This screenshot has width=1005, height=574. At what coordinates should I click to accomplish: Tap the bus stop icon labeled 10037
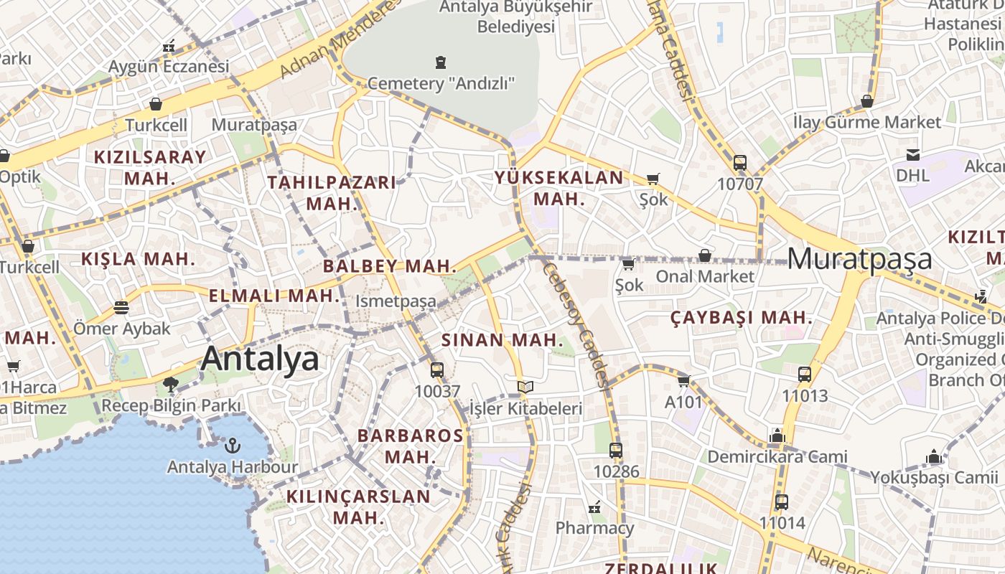436,371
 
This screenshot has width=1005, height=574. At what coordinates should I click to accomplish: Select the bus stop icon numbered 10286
615,451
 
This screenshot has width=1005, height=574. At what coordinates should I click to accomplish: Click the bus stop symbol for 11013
805,374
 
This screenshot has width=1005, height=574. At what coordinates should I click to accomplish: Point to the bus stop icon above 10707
740,163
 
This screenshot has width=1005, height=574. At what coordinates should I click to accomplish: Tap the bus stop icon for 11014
781,502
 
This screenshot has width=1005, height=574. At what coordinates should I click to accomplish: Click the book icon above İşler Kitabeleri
525,387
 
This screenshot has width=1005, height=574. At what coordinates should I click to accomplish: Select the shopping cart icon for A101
683,381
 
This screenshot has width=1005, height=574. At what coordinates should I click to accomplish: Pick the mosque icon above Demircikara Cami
777,436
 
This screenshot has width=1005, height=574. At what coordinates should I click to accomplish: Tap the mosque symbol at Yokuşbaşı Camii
934,456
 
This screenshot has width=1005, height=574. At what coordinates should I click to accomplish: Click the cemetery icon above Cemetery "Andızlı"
440,62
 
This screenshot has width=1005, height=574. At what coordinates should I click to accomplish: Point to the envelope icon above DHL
913,154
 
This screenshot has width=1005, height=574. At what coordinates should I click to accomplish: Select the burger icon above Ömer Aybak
121,308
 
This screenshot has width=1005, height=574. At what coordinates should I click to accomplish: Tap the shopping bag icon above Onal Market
705,255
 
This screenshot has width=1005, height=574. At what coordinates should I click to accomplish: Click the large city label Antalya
260,358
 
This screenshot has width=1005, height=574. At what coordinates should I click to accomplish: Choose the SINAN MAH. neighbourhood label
502,340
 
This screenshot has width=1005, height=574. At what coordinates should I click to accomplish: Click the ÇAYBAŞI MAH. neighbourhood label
741,318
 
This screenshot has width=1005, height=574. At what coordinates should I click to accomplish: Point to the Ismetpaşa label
396,301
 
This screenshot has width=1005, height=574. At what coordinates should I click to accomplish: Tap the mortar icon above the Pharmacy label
594,508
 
